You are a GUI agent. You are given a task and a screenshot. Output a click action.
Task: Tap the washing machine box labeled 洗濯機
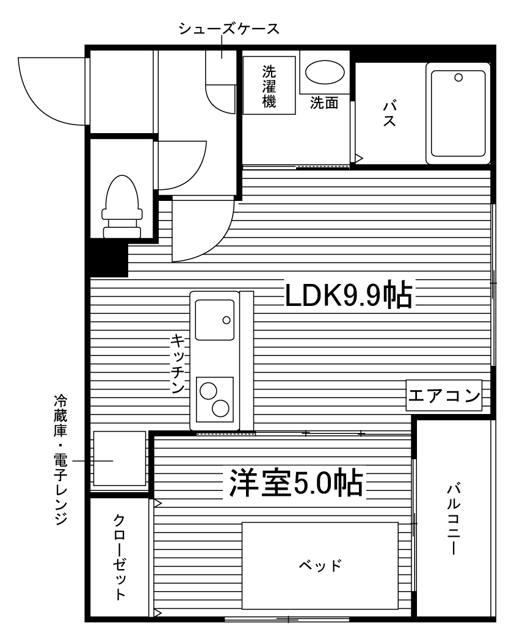click(x=269, y=85)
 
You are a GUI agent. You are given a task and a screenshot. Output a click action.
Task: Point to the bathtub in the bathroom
click(x=459, y=113)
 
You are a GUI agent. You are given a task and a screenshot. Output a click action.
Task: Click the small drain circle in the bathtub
click(x=458, y=78)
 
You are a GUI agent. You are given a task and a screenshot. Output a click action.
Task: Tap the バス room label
click(x=388, y=114)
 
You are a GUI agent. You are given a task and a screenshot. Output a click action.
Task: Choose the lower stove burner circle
click(x=220, y=407)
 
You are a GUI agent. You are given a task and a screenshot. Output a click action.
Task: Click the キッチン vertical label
click(x=178, y=364)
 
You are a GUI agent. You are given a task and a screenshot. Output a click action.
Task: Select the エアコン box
click(x=444, y=396)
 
